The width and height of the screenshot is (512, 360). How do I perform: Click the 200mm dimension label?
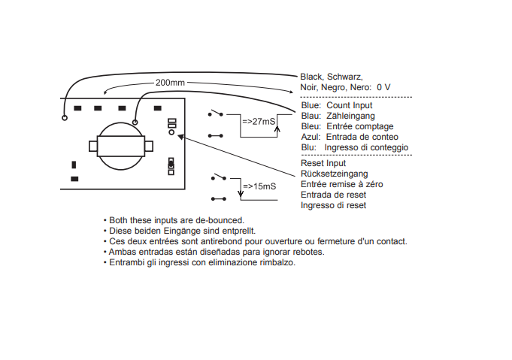pos(170,83)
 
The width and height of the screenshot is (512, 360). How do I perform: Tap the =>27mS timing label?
pos(259,122)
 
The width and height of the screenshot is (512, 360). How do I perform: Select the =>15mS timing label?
pos(259,186)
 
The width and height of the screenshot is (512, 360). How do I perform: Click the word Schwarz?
pos(344,77)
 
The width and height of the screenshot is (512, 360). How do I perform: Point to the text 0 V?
pos(383,87)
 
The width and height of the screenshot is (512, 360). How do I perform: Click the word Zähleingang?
pos(350,116)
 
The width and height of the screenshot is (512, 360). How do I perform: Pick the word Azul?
pos(311,137)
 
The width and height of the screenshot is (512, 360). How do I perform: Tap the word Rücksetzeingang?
pos(334,174)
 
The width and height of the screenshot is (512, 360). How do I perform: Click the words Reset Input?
pos(323,163)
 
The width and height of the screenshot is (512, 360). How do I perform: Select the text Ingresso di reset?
pos(333,205)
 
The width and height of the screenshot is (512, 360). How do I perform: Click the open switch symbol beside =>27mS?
pos(216,113)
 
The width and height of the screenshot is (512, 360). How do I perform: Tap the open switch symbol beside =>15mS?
pos(219,177)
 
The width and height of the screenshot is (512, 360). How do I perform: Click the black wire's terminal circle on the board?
pos(65,117)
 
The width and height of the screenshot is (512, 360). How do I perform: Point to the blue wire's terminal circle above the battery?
pos(135,123)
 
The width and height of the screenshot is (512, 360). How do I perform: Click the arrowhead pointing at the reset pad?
pos(180,137)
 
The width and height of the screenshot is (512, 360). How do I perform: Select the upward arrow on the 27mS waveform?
pos(277,130)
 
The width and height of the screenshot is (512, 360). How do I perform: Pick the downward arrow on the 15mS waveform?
pos(241,192)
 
